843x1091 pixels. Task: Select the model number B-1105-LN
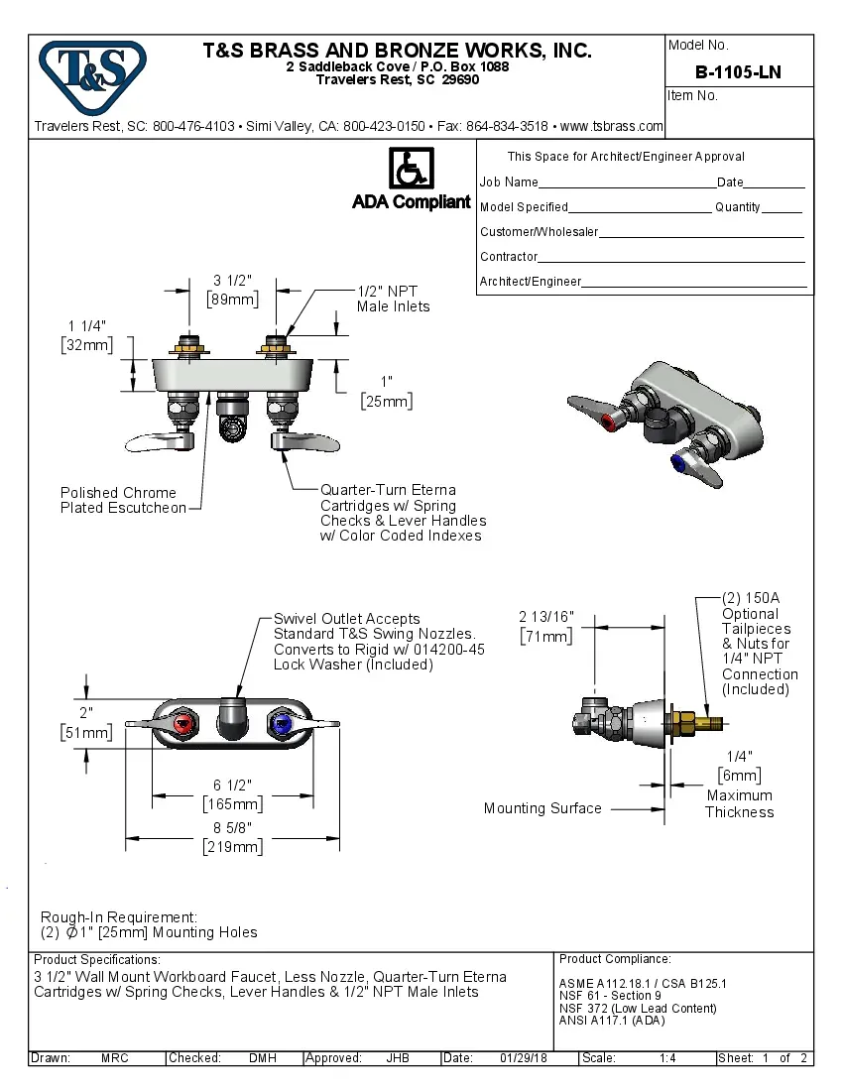[738, 71]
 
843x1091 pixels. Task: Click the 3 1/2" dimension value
[231, 280]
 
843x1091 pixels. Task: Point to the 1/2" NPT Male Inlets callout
[393, 299]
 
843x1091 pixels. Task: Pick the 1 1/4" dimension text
[86, 326]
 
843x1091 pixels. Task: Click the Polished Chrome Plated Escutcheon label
[123, 500]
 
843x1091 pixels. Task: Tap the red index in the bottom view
[182, 726]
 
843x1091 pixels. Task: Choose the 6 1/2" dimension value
[233, 784]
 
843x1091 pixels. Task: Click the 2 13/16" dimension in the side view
[546, 617]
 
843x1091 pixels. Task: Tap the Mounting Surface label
[542, 808]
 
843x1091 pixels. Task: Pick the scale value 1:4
[667, 1058]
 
